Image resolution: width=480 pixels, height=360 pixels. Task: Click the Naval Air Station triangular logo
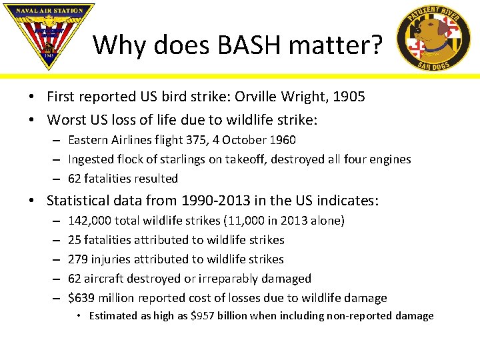pos(49,35)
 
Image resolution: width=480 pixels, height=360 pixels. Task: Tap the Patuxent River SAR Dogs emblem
pos(433,37)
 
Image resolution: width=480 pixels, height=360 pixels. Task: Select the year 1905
pos(349,97)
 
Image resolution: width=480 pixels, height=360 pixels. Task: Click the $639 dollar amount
pos(81,298)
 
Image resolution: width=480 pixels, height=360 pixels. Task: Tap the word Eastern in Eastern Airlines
pos(88,140)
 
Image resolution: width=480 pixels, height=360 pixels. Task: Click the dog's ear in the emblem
pos(443,29)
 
